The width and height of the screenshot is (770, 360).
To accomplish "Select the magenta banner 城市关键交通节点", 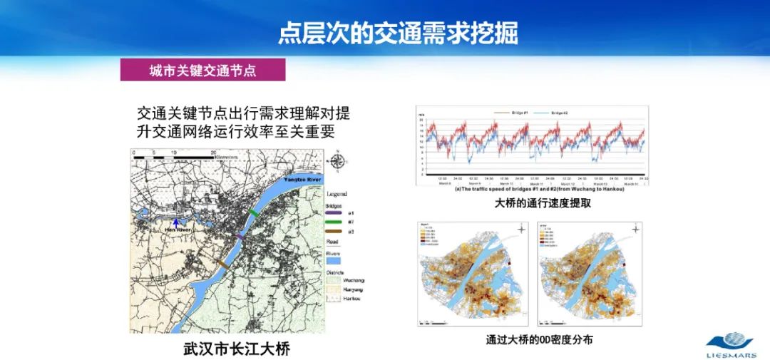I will [202, 70].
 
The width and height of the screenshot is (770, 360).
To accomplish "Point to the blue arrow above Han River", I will [176, 221].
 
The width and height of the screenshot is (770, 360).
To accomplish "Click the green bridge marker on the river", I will [254, 213].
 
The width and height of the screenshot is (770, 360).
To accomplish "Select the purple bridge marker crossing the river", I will [240, 235].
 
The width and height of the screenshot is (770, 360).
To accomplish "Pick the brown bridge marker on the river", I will [222, 264].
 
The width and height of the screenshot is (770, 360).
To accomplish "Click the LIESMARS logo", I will [735, 344].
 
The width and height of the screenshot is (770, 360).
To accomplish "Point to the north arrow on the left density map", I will [521, 230].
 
